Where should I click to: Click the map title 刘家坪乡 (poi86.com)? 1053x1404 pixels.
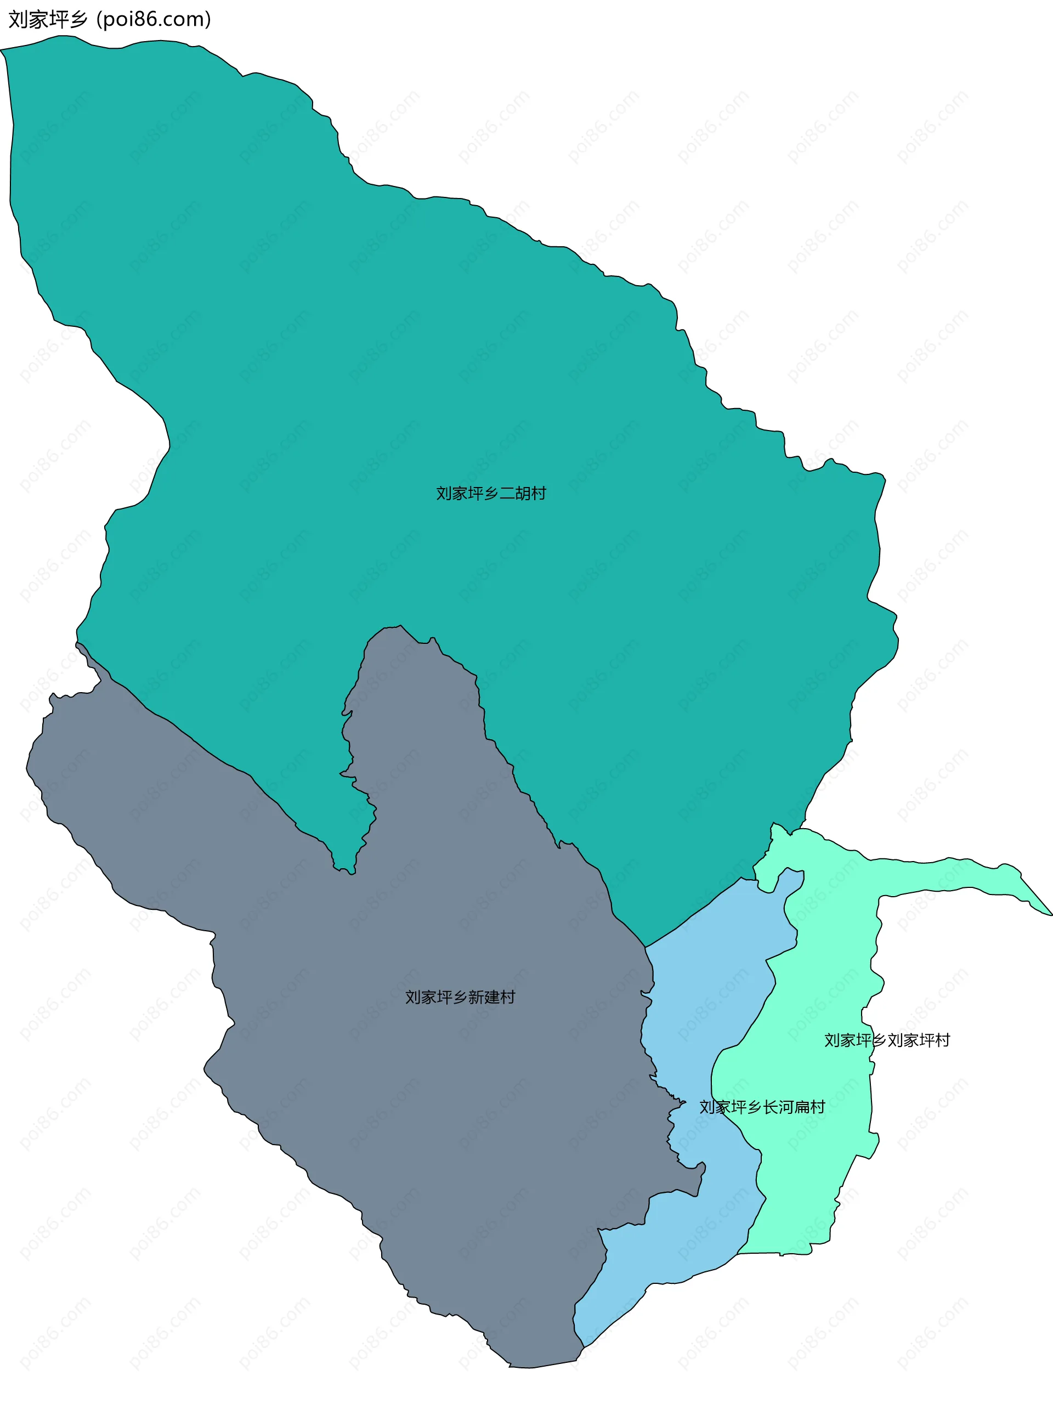[x=109, y=20]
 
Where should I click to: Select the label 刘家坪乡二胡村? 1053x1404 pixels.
[x=491, y=493]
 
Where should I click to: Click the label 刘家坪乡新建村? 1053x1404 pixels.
[x=460, y=997]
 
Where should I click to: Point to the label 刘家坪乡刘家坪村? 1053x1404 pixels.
[x=887, y=1040]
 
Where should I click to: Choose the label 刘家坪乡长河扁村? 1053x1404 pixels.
[x=762, y=1107]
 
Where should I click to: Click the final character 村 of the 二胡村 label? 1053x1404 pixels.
[x=539, y=493]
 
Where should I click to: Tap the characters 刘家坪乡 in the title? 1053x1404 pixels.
[x=48, y=20]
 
